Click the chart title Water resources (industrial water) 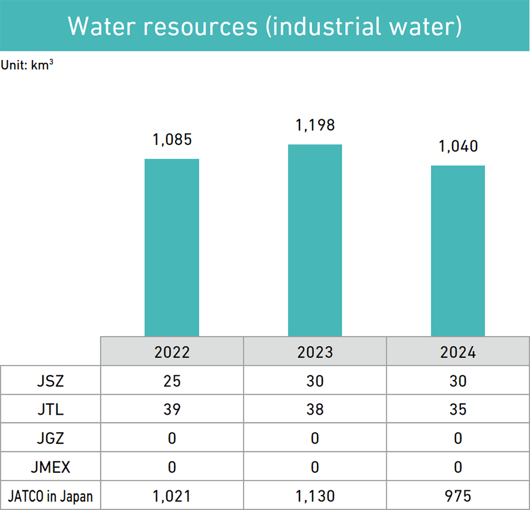pos(265,26)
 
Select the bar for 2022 pos(172,248)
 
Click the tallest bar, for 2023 pos(315,240)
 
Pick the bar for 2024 pos(458,251)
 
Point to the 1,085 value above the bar pos(172,140)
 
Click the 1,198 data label pos(315,126)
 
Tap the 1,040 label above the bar pos(458,147)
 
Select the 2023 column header pos(315,352)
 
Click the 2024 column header pos(458,352)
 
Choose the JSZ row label pos(50,381)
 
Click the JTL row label pos(50,409)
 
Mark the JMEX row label pos(50,467)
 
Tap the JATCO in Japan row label pos(50,496)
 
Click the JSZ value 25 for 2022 pos(172,381)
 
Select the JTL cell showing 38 pos(315,409)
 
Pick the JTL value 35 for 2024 pos(458,409)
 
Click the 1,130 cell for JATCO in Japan pos(315,496)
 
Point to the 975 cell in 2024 pos(458,496)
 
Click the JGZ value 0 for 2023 pos(315,438)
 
